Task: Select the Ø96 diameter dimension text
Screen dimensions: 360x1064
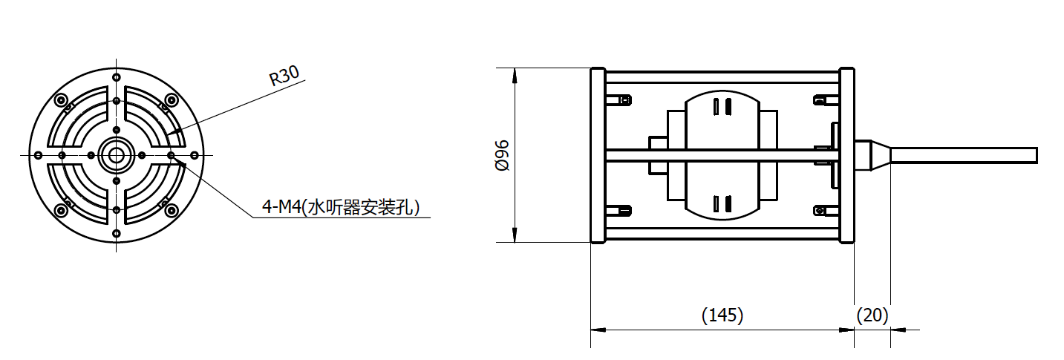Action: [503, 155]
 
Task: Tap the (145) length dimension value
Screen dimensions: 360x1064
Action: [722, 315]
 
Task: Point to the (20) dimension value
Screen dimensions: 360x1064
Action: [872, 315]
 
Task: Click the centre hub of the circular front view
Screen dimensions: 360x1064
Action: [116, 154]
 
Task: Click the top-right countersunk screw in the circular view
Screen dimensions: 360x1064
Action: [172, 99]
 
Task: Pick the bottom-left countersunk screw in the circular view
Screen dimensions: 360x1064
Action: [61, 211]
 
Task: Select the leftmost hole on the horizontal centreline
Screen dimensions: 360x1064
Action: [38, 154]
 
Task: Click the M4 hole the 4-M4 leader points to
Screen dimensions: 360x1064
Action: [171, 154]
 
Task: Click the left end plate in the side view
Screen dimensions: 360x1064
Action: [596, 155]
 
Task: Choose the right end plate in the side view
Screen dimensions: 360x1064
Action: [846, 155]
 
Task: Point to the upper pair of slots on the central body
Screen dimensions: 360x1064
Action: [720, 106]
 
